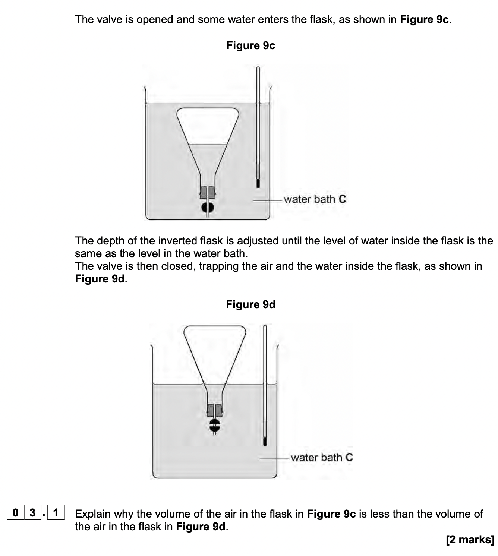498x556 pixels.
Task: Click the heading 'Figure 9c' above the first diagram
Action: coord(250,45)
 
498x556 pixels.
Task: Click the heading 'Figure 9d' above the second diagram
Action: coord(250,304)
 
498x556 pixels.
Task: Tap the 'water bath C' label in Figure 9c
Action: coord(315,199)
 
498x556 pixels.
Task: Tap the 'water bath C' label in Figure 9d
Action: coord(322,457)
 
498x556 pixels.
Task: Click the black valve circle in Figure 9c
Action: coord(208,208)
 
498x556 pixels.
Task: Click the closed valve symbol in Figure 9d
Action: coord(214,426)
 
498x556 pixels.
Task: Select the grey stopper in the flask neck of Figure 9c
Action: coord(208,192)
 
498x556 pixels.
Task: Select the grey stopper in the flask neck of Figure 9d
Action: coord(215,410)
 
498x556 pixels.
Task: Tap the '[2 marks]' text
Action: coord(470,540)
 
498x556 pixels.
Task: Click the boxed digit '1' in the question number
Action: coord(56,513)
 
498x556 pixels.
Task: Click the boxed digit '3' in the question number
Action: coord(32,513)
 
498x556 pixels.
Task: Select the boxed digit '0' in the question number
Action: coord(15,513)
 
